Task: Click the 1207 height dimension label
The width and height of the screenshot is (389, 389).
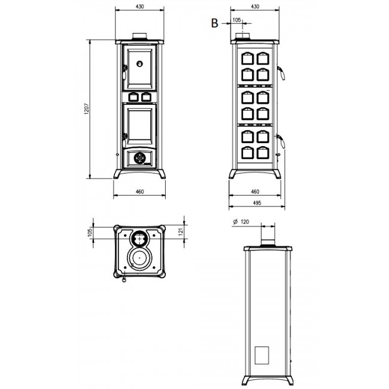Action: point(86,109)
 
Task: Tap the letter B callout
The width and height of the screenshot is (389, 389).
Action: point(214,23)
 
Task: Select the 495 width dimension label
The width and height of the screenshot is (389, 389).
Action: point(257,203)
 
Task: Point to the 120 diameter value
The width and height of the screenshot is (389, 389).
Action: point(245,222)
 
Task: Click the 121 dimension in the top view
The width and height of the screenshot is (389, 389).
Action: point(181,232)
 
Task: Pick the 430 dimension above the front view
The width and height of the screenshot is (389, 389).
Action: point(139,7)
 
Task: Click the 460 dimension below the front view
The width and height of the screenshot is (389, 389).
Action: point(139,192)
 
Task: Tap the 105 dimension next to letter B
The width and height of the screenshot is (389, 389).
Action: point(237,20)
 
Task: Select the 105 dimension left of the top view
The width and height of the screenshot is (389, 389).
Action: point(90,232)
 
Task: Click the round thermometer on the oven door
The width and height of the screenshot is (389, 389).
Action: point(139,64)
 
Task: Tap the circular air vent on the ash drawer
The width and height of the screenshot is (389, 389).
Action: point(139,158)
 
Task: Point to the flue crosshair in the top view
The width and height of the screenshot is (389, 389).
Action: point(140,239)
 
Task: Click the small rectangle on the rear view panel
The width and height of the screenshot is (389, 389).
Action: point(262,355)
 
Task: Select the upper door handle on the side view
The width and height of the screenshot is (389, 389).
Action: point(281,72)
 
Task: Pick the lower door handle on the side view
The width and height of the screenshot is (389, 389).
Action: point(281,141)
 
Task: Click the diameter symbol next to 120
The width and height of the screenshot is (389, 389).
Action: point(235,221)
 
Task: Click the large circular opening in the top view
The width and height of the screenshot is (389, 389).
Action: point(139,258)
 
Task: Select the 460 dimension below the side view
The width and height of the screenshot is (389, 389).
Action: point(255,192)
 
